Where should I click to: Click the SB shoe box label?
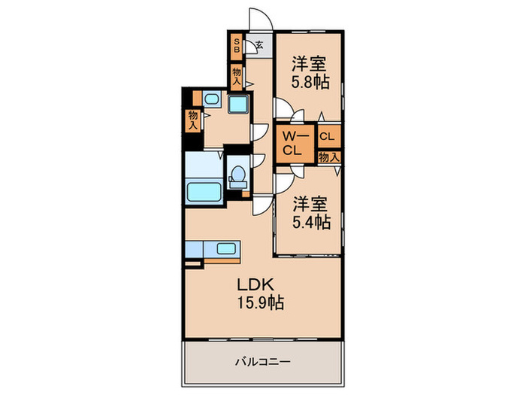tap(237, 46)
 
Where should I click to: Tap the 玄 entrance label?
tap(259, 44)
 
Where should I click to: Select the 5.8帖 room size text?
tap(310, 82)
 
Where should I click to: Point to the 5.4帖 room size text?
tap(312, 222)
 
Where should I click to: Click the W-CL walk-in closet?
tap(295, 144)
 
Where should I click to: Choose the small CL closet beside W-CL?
tap(329, 136)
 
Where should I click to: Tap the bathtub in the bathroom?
tap(204, 192)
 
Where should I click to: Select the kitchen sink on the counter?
tap(226, 249)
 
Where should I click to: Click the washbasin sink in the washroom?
tap(212, 99)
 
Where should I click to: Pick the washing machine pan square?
tap(238, 104)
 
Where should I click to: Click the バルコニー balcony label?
tap(262, 362)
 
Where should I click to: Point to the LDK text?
tap(256, 285)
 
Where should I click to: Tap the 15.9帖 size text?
tap(261, 303)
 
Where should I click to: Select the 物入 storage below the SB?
tap(237, 77)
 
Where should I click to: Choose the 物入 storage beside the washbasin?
tap(193, 120)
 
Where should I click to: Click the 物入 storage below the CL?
tap(329, 156)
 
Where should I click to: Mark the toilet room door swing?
tap(258, 160)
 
